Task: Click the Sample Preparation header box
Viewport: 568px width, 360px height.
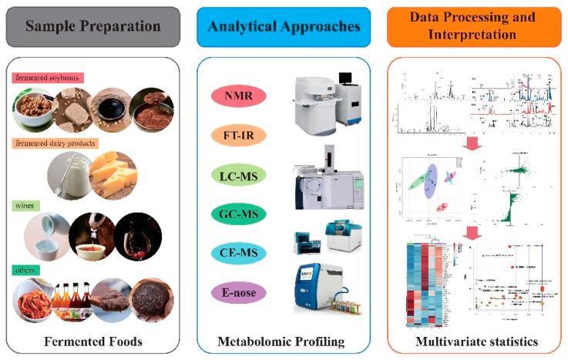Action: pos(95,26)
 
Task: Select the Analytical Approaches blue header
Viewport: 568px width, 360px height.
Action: pos(284,26)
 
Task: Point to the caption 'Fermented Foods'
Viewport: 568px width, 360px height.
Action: pos(95,341)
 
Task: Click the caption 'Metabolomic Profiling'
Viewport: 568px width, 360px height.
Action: pos(284,341)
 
